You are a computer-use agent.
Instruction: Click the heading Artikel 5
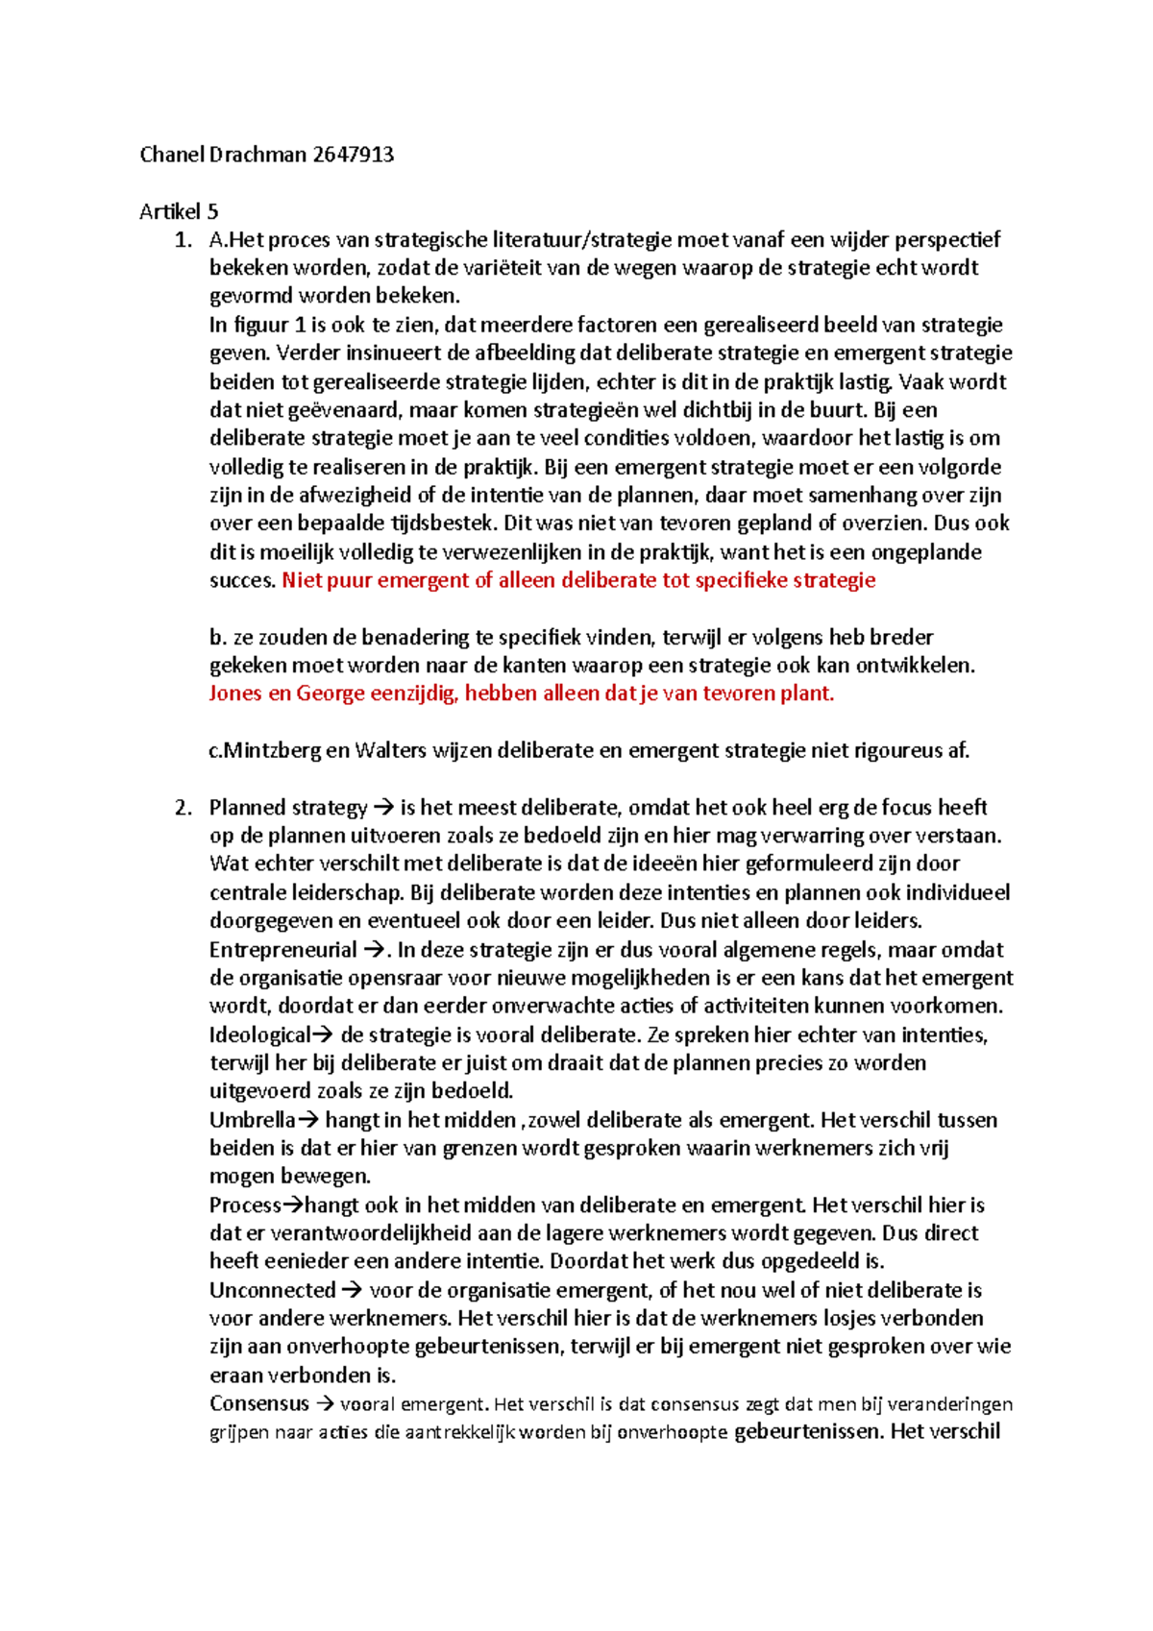pos(179,211)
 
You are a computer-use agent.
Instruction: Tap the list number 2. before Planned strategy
pos(184,807)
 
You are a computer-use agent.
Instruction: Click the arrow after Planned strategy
pos(383,808)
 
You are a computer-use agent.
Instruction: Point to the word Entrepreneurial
pos(282,950)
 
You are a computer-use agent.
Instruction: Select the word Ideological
pos(259,1035)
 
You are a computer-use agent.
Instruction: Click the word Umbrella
pos(252,1120)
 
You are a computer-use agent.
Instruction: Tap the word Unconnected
pos(272,1290)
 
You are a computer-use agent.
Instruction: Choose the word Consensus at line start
pos(259,1403)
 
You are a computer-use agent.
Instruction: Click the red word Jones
pos(235,694)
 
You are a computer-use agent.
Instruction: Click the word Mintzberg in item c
pos(273,750)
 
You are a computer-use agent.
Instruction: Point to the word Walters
pos(390,750)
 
